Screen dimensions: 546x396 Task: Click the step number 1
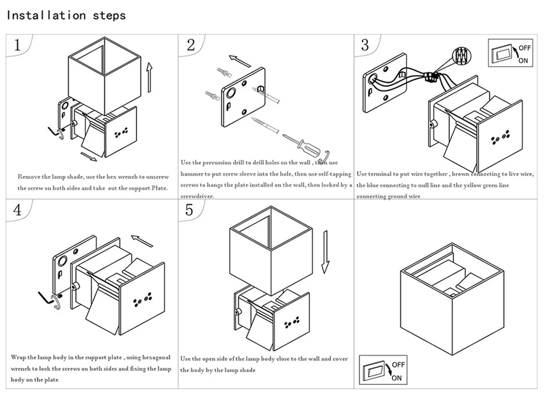(18, 46)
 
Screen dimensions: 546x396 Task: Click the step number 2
(191, 46)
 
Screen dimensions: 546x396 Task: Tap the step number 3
(365, 46)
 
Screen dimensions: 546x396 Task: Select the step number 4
(17, 210)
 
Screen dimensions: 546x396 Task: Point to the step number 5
(189, 210)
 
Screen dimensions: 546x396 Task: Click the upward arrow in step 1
(150, 77)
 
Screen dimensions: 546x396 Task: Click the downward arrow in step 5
(325, 252)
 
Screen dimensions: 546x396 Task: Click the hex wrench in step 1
(54, 133)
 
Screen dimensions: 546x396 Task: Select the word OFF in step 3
(525, 48)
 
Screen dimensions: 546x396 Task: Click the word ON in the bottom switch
(396, 378)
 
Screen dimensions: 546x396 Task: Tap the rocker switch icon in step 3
(502, 54)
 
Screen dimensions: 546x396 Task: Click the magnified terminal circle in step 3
(461, 56)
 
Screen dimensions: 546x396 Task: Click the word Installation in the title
(46, 15)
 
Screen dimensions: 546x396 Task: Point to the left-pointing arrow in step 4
(142, 241)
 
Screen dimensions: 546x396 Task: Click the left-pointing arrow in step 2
(239, 61)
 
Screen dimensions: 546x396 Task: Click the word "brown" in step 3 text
(460, 174)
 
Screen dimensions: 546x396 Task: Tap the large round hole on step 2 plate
(230, 93)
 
